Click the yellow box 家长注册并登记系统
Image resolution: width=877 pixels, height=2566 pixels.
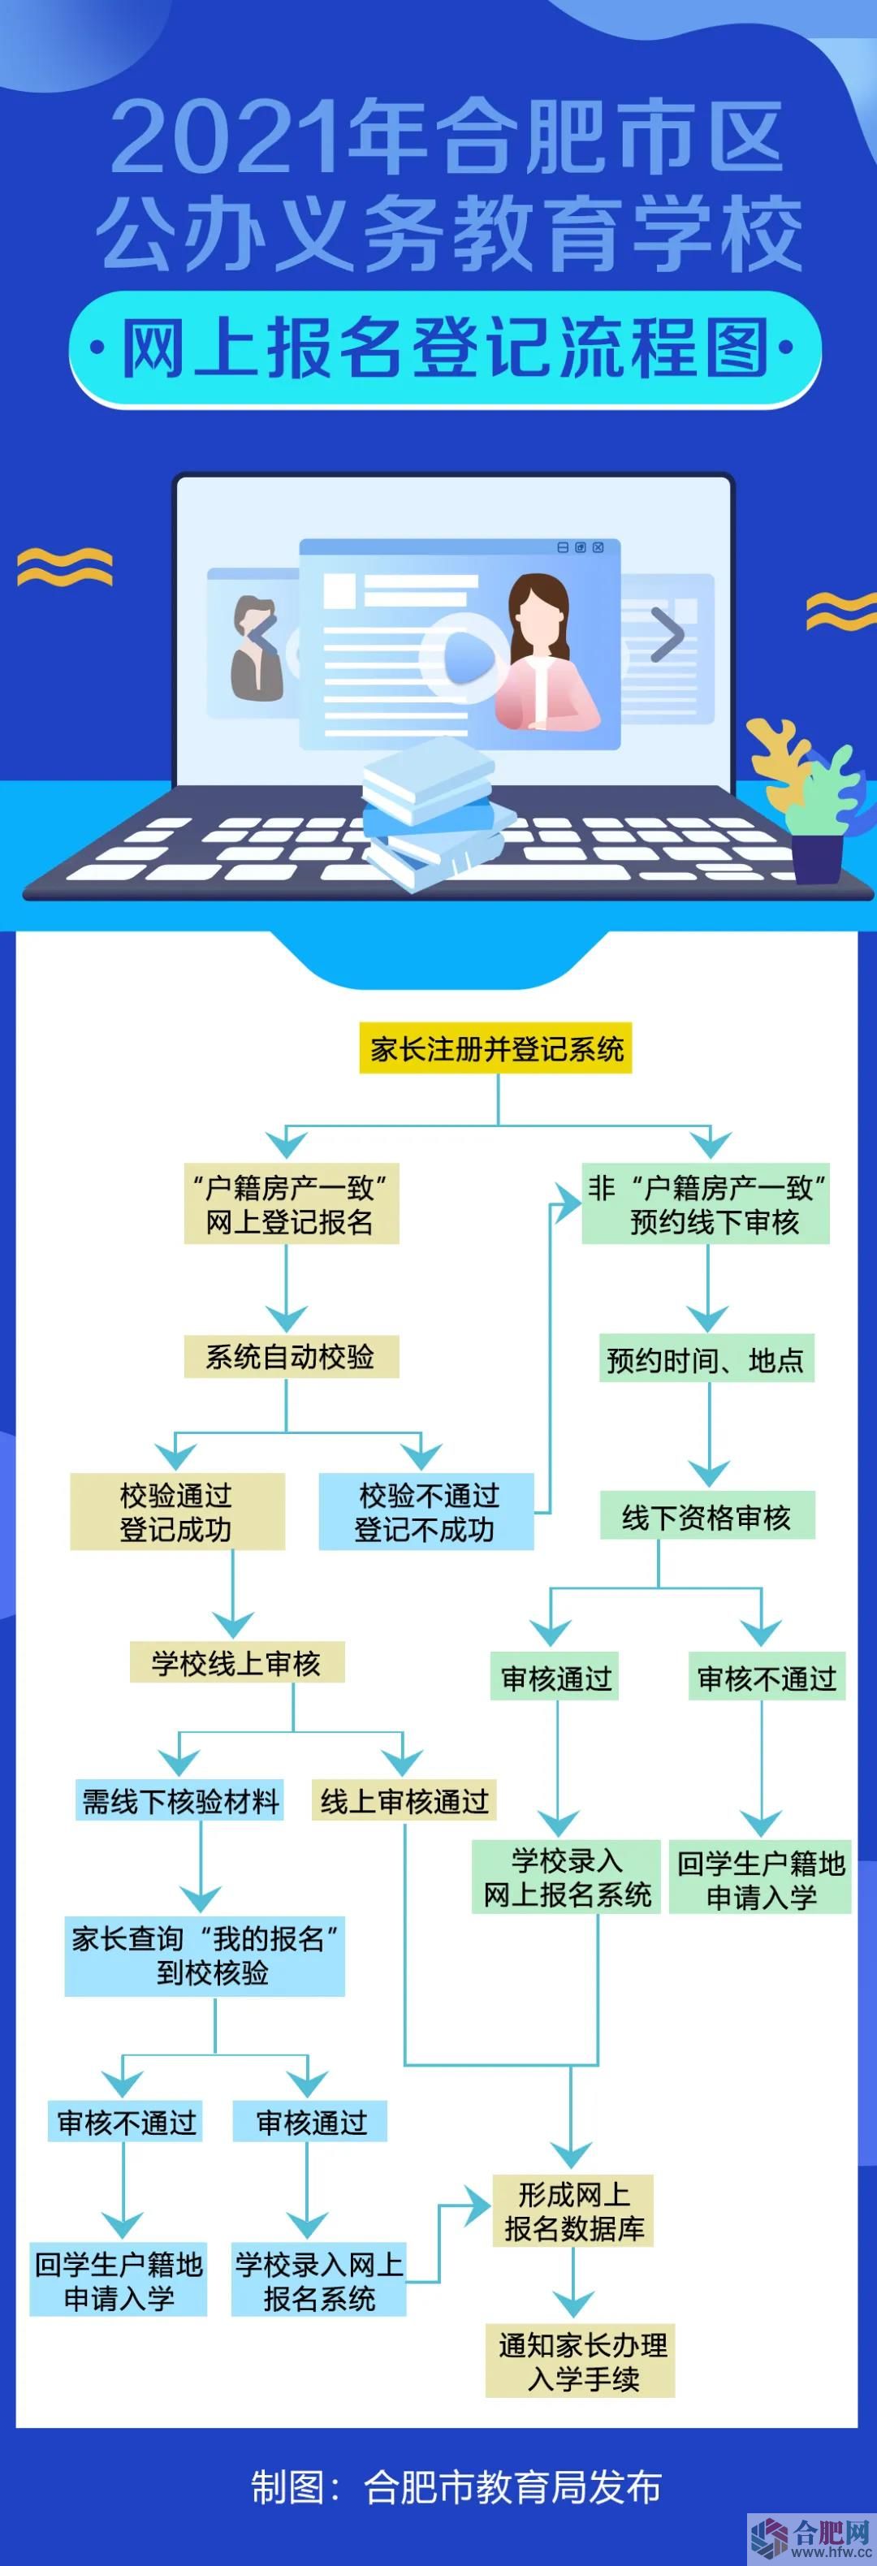(x=495, y=1049)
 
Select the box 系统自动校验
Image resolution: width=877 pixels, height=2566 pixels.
(x=291, y=1357)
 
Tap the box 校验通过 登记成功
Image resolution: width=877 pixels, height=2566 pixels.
(x=176, y=1512)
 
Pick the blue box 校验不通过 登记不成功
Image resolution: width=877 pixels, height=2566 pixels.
(x=426, y=1512)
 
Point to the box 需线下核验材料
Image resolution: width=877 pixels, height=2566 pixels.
(x=179, y=1801)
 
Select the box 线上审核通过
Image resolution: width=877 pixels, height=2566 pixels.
(x=404, y=1801)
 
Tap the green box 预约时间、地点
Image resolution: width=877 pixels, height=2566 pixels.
(x=706, y=1359)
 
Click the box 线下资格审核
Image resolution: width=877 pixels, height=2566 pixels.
(x=706, y=1517)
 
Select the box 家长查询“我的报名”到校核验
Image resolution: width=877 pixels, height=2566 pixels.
(x=205, y=1955)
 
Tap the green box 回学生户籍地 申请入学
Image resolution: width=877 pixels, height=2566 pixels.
(x=760, y=1880)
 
